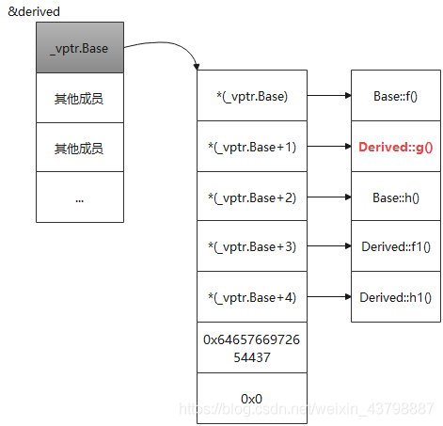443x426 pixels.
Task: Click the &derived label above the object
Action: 34,11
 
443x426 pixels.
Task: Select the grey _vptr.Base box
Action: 80,47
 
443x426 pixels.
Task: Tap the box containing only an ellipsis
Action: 80,197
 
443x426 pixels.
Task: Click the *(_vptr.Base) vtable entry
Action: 252,96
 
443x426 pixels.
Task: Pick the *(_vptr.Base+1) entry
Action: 252,147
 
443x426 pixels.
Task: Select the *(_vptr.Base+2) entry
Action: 252,197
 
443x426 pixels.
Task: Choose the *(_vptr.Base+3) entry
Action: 252,246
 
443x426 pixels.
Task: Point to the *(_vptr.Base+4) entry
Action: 252,297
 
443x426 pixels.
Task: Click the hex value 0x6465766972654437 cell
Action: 252,348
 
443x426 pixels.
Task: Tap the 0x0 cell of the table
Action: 252,399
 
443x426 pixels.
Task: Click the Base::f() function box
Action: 396,96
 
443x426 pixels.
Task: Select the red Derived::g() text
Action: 396,147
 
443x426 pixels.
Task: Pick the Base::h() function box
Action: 396,197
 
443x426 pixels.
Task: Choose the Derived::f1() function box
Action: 396,246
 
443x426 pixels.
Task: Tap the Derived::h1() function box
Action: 396,297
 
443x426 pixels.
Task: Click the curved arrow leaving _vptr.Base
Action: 166,42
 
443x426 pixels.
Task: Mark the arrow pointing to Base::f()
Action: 329,95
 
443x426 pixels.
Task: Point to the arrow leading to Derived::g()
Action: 329,146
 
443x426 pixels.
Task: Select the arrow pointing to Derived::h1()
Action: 329,296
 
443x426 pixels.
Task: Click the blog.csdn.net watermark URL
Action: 307,409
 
